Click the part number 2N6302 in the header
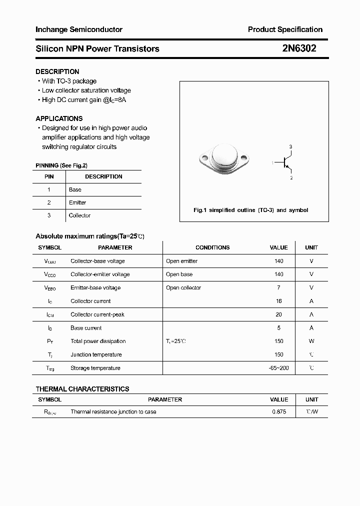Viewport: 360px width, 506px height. [x=299, y=48]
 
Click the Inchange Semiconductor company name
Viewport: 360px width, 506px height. [x=79, y=29]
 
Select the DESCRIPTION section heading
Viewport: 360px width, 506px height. [x=57, y=71]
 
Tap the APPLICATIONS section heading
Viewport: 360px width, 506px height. [x=59, y=118]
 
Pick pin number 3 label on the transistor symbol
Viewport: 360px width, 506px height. [x=290, y=146]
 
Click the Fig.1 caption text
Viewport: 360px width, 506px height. [x=250, y=210]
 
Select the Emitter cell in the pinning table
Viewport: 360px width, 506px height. [x=77, y=202]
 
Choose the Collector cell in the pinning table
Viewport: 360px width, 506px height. [x=79, y=215]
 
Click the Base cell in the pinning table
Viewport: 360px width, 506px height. [x=75, y=189]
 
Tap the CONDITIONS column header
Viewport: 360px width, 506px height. [x=212, y=247]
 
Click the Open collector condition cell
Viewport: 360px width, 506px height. [x=183, y=287]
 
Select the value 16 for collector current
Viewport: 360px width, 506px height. [x=278, y=301]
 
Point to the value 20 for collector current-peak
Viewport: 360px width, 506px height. [x=278, y=314]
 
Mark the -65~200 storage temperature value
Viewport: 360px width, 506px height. [x=278, y=368]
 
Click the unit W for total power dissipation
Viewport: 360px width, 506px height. [x=311, y=341]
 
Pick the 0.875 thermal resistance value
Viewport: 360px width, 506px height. [x=279, y=411]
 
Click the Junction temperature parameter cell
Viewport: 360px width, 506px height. [x=96, y=354]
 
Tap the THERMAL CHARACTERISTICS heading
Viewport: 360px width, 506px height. [x=82, y=389]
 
